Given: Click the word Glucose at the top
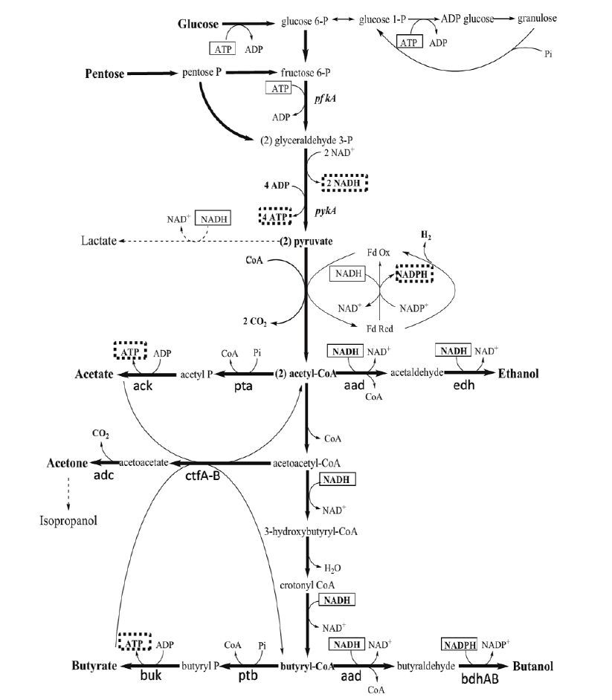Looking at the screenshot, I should pos(198,25).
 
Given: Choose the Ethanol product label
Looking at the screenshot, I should pos(519,373).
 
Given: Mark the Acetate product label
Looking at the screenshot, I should pos(94,374).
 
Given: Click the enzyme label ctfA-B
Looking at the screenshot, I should pos(202,476).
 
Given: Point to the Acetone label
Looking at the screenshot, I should pos(67,463).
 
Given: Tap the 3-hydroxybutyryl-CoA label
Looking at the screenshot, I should pos(307,531).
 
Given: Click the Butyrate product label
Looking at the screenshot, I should pos(94,666).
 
